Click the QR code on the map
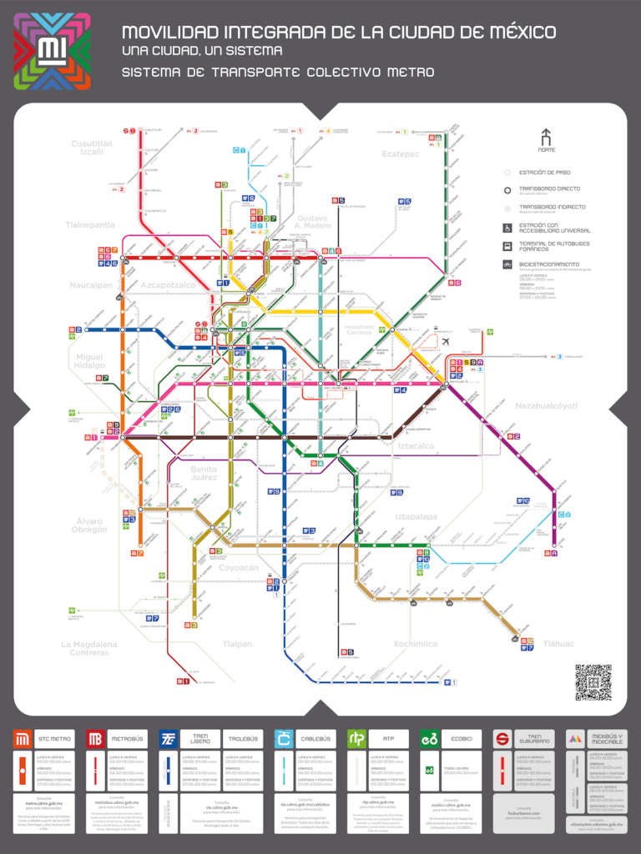click(x=593, y=682)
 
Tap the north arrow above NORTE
click(x=546, y=138)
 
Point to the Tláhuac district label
click(x=558, y=643)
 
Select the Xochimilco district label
click(x=415, y=644)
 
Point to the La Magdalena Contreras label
click(x=89, y=648)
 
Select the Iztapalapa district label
click(x=416, y=517)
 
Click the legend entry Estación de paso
click(x=545, y=173)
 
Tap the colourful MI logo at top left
click(x=53, y=52)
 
